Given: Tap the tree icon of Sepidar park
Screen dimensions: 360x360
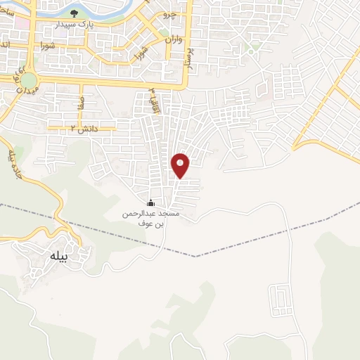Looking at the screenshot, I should pos(75,13).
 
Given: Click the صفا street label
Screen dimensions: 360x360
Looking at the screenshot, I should pos(82,103).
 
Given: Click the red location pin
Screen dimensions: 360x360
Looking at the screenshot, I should pos(181,166).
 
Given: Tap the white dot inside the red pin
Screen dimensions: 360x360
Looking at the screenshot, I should pos(181,162).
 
